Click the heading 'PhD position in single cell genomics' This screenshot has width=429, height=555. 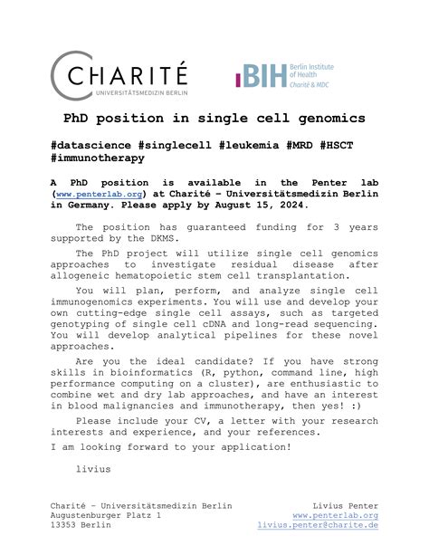(x=214, y=119)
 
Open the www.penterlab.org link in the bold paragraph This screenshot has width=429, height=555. (x=102, y=194)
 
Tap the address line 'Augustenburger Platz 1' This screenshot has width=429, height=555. (x=108, y=515)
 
